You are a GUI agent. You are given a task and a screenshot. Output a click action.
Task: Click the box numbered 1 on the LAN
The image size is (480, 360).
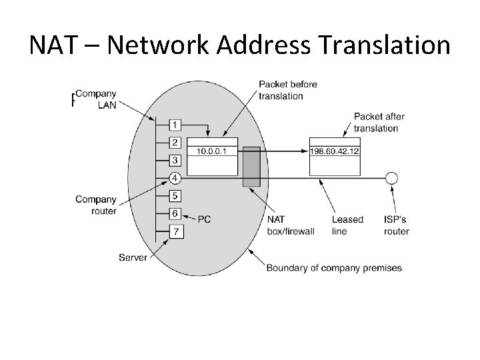175,125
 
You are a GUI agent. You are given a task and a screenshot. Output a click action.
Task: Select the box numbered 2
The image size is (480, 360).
175,142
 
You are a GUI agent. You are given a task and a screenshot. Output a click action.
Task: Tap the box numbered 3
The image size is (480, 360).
175,160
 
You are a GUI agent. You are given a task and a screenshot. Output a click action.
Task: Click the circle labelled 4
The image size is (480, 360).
175,178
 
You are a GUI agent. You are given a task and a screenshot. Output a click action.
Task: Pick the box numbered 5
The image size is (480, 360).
175,196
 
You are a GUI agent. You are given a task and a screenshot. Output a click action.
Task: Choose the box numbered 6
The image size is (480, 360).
175,213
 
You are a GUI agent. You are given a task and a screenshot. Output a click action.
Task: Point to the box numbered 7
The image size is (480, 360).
175,231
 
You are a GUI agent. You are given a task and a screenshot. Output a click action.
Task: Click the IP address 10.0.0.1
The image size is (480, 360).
212,151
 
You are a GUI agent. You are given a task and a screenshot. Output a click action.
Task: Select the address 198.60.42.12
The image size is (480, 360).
335,151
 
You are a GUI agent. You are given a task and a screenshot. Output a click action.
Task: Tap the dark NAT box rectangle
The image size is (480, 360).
251,167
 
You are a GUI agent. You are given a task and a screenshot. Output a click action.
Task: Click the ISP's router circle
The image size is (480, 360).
392,178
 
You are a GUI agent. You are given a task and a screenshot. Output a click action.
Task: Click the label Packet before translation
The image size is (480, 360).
288,90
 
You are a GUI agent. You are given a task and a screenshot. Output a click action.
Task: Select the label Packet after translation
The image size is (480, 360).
379,122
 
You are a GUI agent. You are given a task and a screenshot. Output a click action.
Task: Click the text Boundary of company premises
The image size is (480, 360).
334,268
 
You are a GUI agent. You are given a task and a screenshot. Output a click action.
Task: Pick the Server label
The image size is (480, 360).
133,257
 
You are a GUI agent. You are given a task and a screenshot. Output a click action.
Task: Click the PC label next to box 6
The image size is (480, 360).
204,219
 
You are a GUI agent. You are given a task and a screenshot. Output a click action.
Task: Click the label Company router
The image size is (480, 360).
96,205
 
